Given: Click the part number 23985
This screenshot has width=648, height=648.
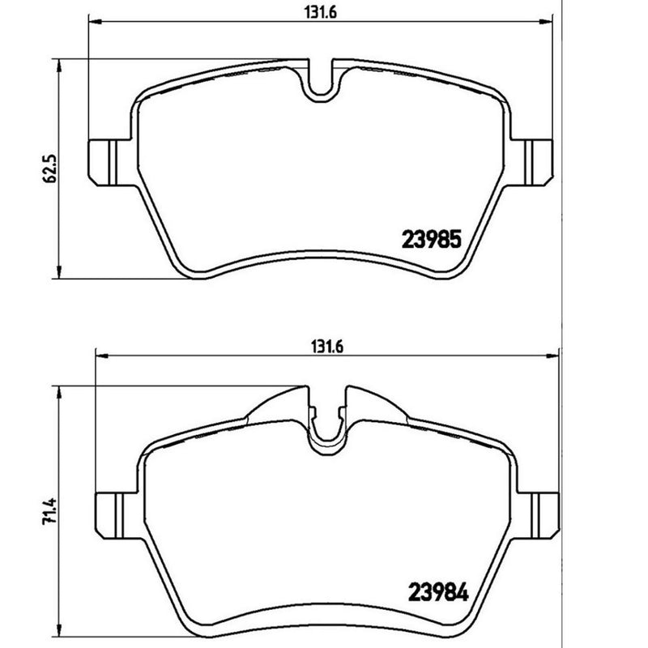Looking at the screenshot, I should tap(432, 239).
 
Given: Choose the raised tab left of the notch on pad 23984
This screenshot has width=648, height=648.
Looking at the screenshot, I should tap(279, 405).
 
